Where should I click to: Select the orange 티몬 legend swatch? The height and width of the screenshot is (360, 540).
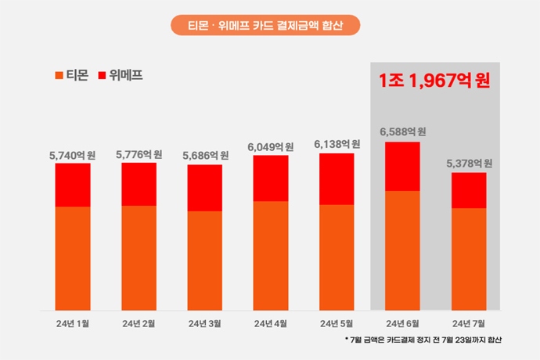[59, 76]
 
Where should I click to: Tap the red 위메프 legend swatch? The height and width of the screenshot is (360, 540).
[103, 76]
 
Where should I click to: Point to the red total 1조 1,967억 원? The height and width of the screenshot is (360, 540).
[434, 81]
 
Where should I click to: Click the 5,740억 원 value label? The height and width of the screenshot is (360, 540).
[72, 155]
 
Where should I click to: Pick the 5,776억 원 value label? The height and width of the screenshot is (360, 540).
[139, 155]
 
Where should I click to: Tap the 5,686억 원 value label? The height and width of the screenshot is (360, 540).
[204, 156]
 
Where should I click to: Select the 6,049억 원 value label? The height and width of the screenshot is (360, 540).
[270, 147]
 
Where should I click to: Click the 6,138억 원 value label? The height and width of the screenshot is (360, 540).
[337, 145]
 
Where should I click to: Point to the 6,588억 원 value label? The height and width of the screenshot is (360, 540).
[403, 132]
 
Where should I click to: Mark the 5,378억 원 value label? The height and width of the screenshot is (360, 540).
[469, 164]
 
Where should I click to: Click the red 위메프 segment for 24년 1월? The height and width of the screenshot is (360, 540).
[73, 185]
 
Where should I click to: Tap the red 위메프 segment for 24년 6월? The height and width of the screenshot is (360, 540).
[403, 166]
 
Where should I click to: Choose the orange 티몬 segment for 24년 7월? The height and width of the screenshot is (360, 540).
[469, 258]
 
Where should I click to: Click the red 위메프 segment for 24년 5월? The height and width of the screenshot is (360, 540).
[337, 178]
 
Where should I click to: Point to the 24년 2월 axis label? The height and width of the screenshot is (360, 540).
[139, 323]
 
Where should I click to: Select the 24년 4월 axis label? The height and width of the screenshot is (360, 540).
[270, 323]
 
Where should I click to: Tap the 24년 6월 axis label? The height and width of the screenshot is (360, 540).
[403, 323]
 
